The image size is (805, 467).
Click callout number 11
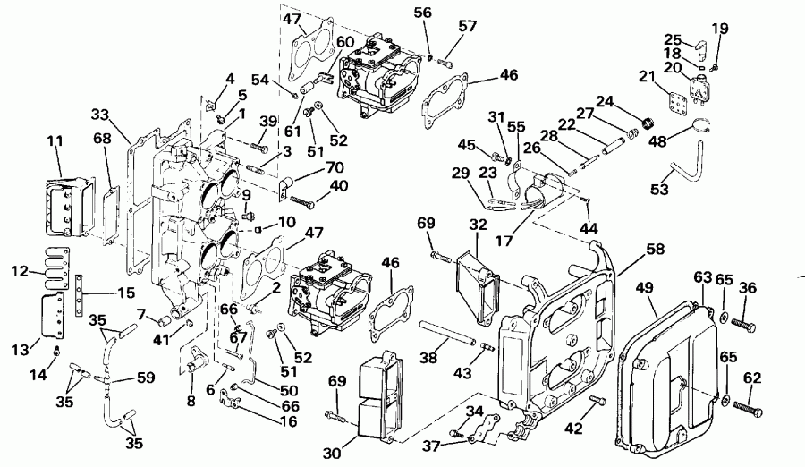pyautogui.click(x=55, y=142)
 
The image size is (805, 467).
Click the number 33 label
pyautogui.click(x=101, y=115)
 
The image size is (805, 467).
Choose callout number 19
pyautogui.click(x=721, y=29)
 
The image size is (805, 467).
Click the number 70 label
pyautogui.click(x=310, y=166)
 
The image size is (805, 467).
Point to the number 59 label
pyautogui.click(x=145, y=378)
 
